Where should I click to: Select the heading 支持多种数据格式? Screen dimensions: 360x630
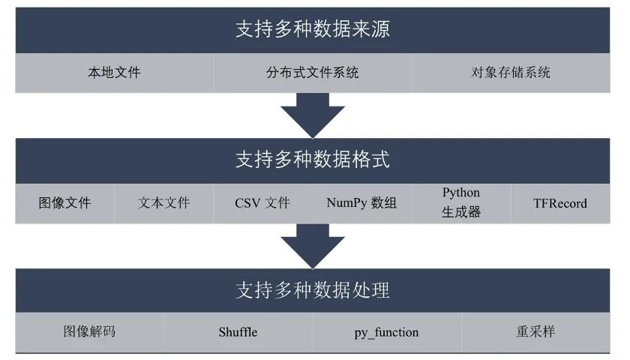coord(313,160)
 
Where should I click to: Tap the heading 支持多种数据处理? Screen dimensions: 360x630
coord(313,290)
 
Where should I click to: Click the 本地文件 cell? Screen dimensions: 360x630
coord(114,73)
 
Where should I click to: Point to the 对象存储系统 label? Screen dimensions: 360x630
coord(511,73)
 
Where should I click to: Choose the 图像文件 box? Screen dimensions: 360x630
coord(64,202)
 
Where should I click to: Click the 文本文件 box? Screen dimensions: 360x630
coord(164,202)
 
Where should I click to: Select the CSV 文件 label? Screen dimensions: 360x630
coord(262,202)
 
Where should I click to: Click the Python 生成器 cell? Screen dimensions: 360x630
coord(461,202)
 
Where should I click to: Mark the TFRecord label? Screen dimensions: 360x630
coord(560,202)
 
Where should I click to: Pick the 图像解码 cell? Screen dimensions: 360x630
coord(89,331)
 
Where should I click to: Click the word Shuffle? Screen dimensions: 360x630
coord(238,331)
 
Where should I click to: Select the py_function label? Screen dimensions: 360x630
coord(386,332)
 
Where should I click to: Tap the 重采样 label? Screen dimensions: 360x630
coord(535,331)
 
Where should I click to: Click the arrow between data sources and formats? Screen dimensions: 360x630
coord(313,115)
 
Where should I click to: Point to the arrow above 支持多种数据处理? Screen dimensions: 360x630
coord(313,245)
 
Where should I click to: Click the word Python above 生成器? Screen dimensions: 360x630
coord(461,193)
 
